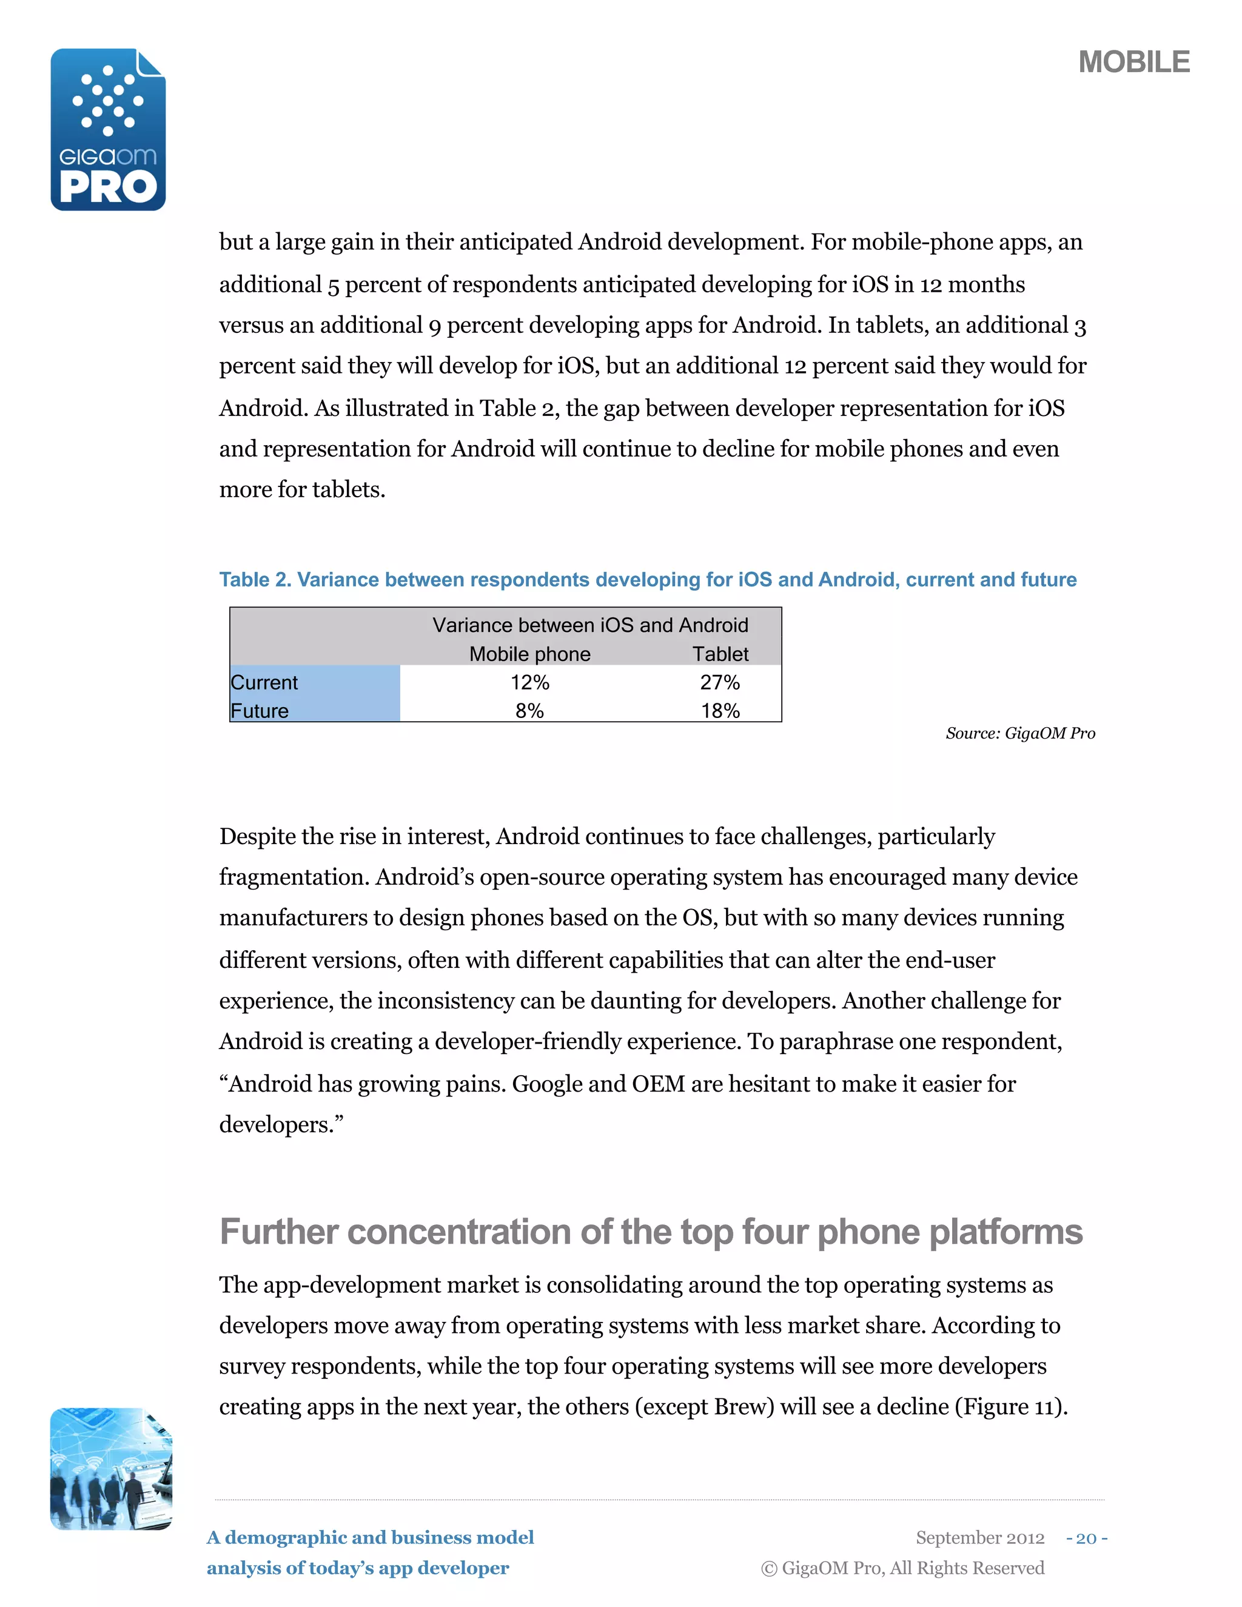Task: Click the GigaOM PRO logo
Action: click(108, 130)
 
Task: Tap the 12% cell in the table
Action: click(530, 683)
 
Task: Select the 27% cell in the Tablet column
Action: click(720, 683)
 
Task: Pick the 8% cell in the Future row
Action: click(530, 711)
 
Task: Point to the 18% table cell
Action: click(720, 711)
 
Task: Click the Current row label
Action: click(264, 683)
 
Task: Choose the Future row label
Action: click(260, 711)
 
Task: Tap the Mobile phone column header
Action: click(530, 654)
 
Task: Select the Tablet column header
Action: click(720, 654)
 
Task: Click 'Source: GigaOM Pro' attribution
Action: click(1020, 734)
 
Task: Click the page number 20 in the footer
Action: click(1086, 1538)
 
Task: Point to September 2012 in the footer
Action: click(979, 1538)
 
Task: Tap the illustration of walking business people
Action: click(111, 1469)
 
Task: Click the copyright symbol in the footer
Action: click(769, 1569)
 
